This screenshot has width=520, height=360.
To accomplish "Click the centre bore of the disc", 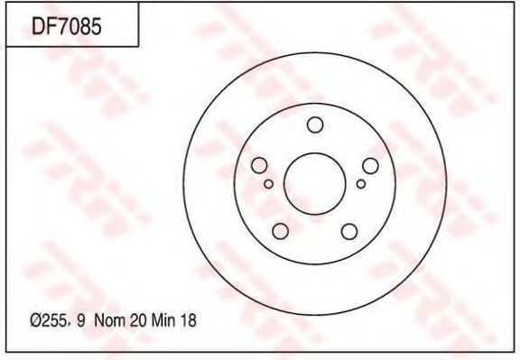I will tap(315, 180).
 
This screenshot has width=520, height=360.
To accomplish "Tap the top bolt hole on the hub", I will tap(315, 125).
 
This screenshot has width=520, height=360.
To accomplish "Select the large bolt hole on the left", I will tap(259, 165).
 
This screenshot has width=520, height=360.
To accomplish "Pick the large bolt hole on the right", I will tap(370, 165).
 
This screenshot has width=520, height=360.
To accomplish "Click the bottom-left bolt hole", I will tap(281, 231).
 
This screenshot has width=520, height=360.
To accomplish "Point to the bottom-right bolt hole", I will tap(349, 231).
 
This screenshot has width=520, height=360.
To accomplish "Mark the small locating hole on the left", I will tap(269, 184).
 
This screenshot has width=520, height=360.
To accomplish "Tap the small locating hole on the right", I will tap(361, 184).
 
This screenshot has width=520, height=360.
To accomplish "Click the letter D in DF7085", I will tap(41, 26).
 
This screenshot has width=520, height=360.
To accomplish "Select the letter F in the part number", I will tap(53, 26).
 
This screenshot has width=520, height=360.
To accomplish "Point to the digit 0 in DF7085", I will tap(77, 26).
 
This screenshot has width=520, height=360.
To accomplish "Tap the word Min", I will tap(164, 320).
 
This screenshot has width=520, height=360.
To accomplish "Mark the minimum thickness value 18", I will tap(189, 320).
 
